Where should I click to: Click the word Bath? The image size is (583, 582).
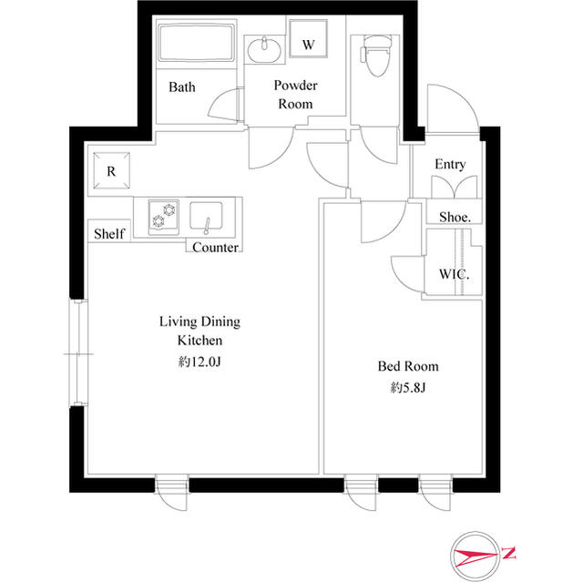(182, 88)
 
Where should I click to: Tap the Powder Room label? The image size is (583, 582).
(295, 95)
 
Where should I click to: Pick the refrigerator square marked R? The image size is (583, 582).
(111, 170)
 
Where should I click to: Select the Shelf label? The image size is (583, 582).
(108, 234)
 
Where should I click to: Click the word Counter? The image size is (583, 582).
(216, 248)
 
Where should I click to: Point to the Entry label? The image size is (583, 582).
(450, 165)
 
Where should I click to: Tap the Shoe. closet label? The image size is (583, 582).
(455, 217)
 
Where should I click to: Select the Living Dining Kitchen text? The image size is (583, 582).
(199, 331)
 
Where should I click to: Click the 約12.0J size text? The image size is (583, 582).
(199, 362)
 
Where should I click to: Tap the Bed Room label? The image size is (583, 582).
(408, 366)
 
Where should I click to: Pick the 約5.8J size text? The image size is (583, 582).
(408, 388)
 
